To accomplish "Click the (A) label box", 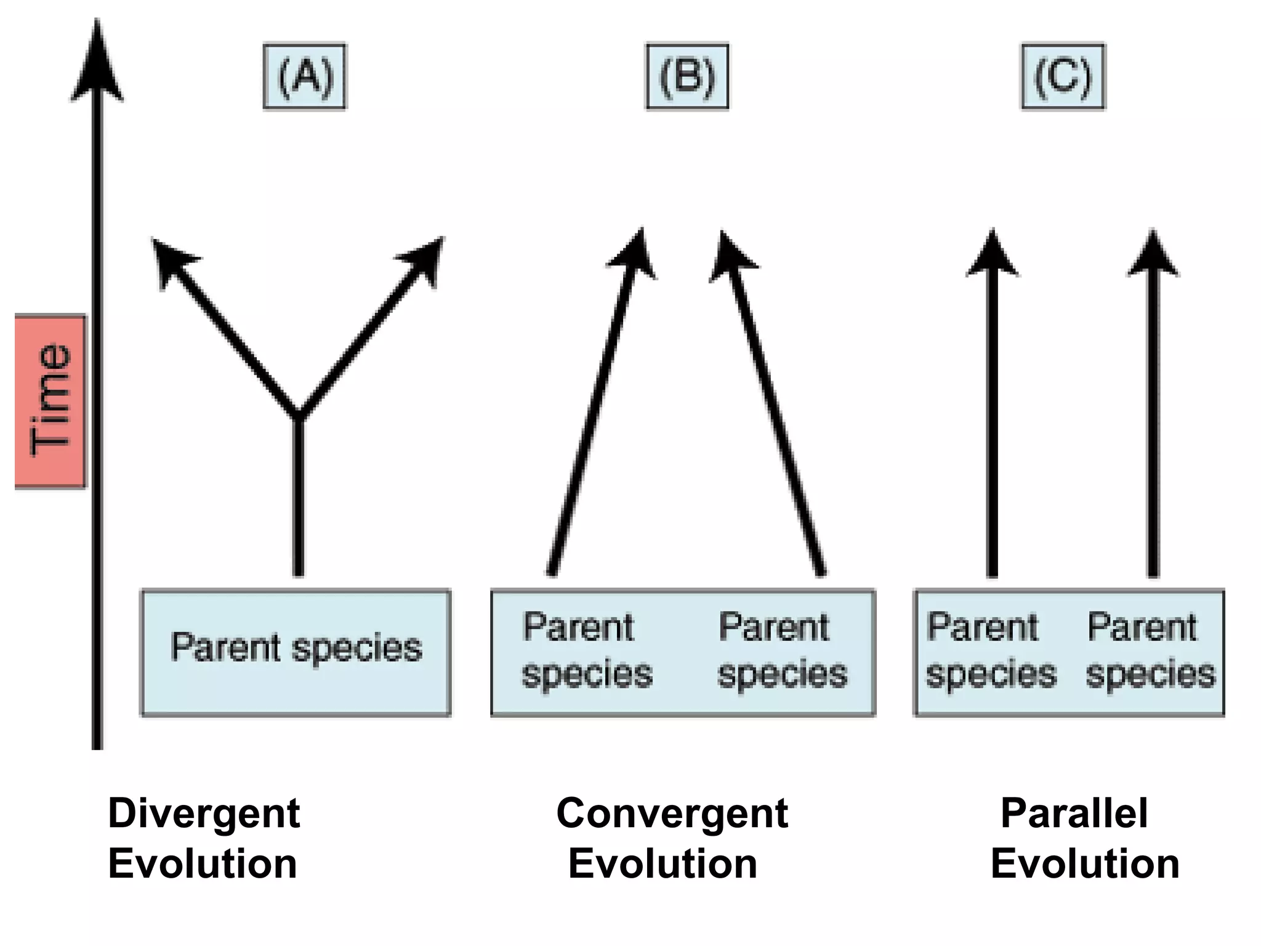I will [x=305, y=76].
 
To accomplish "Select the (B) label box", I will [x=687, y=76].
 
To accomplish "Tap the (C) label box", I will [x=1063, y=76].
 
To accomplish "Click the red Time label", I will [x=50, y=401].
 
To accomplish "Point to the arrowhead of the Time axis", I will [x=97, y=62].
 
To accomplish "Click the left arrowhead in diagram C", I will [x=992, y=256].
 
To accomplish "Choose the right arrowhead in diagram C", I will [x=1153, y=256].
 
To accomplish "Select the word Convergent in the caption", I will [x=672, y=813].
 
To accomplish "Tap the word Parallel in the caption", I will [x=1074, y=813].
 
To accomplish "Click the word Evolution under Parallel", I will [x=1085, y=863].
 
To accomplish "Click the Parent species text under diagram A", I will [x=296, y=648].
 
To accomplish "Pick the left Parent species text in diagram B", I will [x=586, y=650].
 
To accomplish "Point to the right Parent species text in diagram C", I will [x=1149, y=650].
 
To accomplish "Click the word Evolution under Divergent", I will [x=203, y=863].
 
